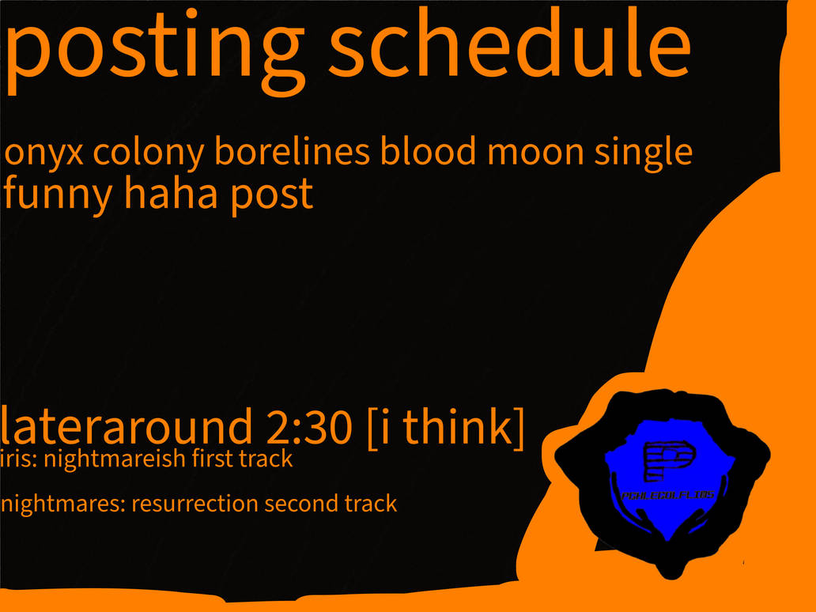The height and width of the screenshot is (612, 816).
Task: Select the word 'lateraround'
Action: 123,428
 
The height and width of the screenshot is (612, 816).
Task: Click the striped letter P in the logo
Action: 667,462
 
